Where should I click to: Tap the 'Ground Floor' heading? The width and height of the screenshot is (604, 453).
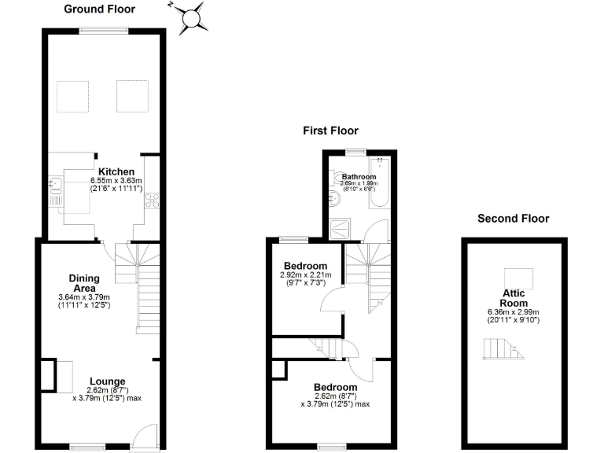[x=99, y=9]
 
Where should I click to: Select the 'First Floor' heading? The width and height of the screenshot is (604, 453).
[x=330, y=131]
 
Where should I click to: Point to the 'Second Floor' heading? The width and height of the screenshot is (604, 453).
[x=513, y=219]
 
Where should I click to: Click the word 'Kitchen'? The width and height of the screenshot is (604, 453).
[x=116, y=171]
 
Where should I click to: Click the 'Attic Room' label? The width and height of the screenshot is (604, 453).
[x=514, y=298]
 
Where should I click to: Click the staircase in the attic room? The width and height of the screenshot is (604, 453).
[x=501, y=348]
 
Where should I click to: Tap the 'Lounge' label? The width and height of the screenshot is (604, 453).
[x=106, y=382]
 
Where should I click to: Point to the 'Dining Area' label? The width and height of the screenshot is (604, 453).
[x=83, y=282]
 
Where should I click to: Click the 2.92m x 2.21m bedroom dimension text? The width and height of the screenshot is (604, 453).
[x=306, y=275]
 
